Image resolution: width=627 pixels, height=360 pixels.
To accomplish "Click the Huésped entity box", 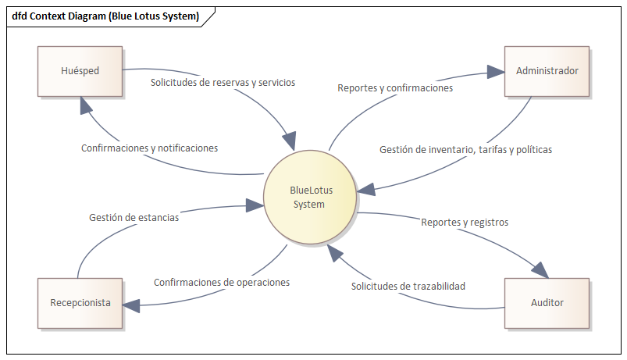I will (x=80, y=71).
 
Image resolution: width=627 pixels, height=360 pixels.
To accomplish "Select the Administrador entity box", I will (x=547, y=71).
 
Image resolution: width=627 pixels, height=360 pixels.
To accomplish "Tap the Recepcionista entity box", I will (x=80, y=302).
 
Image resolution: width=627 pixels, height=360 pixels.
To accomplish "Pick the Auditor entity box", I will (x=547, y=302).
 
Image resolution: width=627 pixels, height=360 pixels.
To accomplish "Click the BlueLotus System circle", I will (x=309, y=197).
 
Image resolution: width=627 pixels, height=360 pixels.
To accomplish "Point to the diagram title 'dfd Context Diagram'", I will (x=105, y=16).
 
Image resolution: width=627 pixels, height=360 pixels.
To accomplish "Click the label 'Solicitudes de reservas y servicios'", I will (x=223, y=82).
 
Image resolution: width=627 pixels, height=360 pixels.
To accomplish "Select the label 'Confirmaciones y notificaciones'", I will (x=149, y=148).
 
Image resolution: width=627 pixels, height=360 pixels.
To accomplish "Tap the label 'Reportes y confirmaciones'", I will (x=395, y=88).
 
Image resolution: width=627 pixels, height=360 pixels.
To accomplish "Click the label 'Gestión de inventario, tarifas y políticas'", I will (x=465, y=149).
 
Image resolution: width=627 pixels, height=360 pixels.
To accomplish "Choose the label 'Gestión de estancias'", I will (x=134, y=217).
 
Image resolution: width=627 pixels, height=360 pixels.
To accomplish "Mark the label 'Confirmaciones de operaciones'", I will (x=222, y=282).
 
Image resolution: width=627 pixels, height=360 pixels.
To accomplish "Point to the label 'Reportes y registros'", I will (x=465, y=222).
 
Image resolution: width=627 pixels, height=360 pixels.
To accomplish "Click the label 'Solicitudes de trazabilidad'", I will (x=408, y=286).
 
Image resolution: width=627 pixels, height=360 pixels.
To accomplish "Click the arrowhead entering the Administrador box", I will (x=497, y=71).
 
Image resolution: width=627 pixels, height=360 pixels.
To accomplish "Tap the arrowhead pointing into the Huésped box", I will (x=87, y=105).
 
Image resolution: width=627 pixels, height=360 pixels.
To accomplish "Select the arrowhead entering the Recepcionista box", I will (x=131, y=305).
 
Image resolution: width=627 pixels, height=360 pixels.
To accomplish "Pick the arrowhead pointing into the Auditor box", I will (x=541, y=269).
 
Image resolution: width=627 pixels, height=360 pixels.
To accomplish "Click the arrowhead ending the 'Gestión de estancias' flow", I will (x=255, y=205).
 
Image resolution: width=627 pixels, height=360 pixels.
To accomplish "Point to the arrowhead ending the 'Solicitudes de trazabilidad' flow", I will (x=333, y=251).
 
